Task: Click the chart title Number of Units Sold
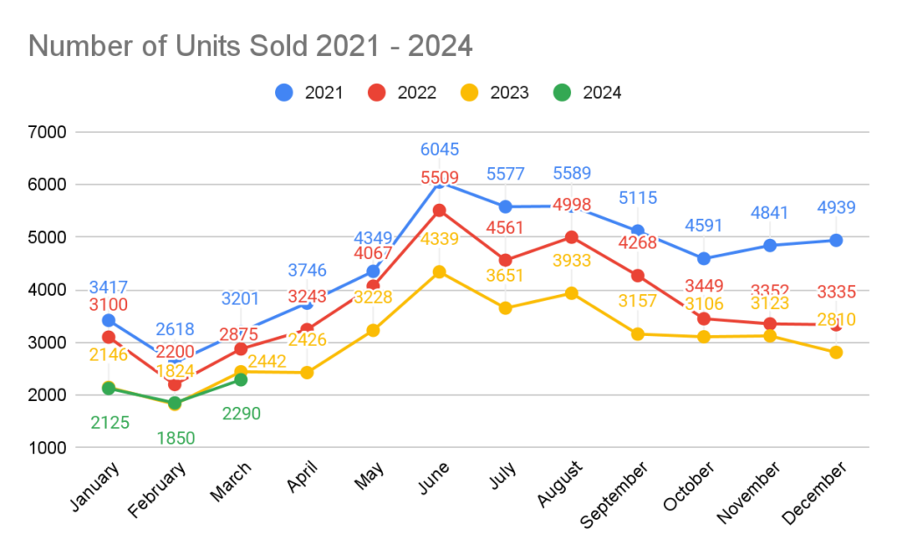pos(251,46)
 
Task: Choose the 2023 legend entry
pos(495,92)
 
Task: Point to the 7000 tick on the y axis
pos(47,133)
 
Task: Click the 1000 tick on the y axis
pos(47,448)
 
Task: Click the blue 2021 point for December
pos(836,240)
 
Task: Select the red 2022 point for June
pos(440,210)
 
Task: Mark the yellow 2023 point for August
pos(571,293)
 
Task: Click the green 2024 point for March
pos(241,380)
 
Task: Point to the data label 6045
pos(440,150)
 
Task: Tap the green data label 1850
pos(175,438)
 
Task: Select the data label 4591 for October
pos(703,226)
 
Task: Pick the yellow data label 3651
pos(505,276)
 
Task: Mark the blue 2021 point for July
pos(505,207)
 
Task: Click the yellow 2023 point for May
pos(373,330)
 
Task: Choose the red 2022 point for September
pos(638,276)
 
